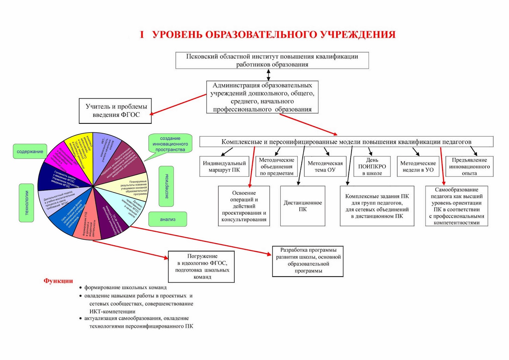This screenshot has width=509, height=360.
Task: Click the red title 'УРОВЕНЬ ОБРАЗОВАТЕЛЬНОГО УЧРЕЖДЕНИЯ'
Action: coord(274,34)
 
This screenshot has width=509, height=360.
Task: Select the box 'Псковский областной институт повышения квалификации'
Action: coord(272,60)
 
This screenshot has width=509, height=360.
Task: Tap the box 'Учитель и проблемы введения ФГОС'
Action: coord(115,111)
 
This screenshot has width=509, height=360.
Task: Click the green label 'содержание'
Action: coord(30,152)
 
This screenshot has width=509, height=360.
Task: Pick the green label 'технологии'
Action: coord(26,203)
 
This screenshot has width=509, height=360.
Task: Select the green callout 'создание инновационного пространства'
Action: coord(170,144)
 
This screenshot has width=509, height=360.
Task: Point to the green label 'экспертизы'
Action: coord(166,186)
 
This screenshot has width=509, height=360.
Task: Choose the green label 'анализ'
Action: coord(168,219)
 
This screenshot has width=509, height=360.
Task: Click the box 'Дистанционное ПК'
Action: coord(303,206)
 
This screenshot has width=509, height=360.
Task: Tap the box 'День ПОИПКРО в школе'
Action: coord(372,166)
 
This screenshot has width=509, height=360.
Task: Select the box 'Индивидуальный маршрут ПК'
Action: coord(224,166)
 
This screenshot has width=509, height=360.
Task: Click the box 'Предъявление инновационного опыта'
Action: coord(469,166)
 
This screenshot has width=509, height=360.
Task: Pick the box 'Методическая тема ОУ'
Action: coord(325,166)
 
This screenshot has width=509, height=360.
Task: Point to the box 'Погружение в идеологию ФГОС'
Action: coord(201,266)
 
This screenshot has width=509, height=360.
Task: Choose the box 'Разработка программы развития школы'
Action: coord(308,261)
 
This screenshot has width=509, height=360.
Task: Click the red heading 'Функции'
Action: coord(58,281)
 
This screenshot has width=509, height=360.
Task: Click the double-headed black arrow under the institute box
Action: coord(268,75)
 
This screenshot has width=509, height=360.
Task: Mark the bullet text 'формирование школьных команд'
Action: coord(125,287)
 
